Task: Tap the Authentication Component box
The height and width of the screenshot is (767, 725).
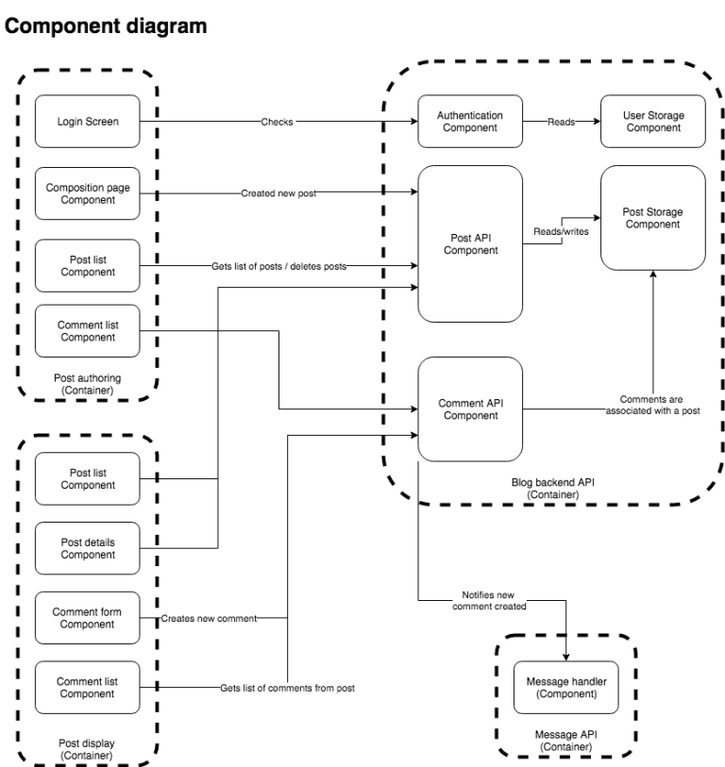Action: [471, 122]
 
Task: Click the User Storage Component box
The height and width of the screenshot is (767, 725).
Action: [653, 122]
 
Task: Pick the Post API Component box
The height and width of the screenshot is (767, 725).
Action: [471, 244]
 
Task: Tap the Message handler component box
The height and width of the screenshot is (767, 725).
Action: [565, 687]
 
